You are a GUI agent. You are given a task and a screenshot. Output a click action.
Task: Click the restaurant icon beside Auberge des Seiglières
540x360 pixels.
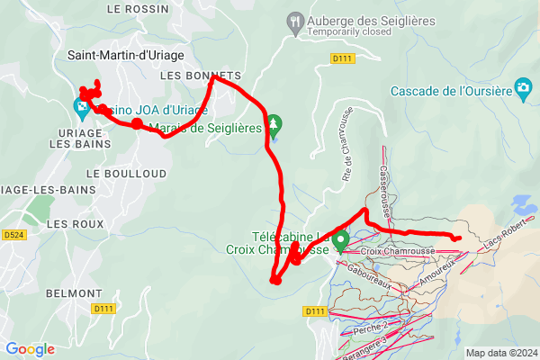point(294,21)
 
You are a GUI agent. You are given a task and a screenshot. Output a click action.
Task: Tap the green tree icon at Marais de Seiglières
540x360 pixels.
point(275,124)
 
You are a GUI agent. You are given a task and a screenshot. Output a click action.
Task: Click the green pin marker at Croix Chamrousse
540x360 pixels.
point(341,241)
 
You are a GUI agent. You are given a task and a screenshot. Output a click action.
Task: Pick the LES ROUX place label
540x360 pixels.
point(71,222)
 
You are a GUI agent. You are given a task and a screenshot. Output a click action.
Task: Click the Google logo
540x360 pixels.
point(30,349)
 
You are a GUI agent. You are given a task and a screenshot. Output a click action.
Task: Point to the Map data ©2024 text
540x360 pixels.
point(500,353)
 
